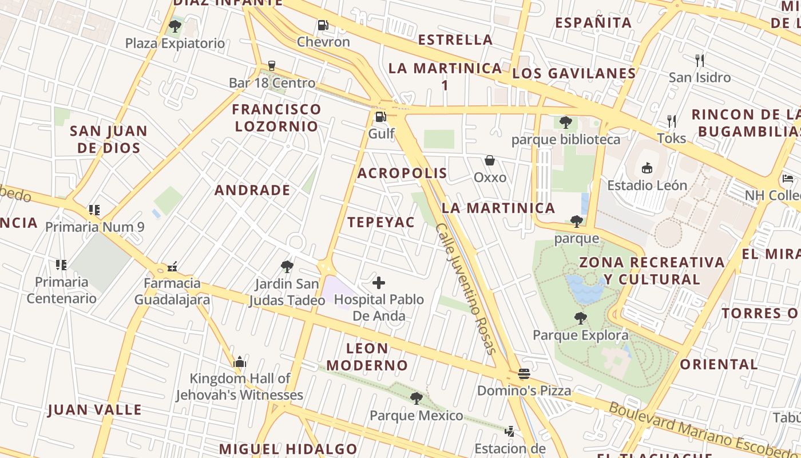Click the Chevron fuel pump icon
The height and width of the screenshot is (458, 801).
323,25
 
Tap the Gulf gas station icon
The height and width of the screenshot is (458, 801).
379,117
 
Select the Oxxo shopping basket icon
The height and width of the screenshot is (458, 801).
490,160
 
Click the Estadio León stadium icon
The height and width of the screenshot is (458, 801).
647,168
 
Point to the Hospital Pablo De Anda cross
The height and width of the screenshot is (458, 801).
379,282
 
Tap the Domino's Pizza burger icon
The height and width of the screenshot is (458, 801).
524,374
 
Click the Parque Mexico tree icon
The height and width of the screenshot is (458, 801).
417,398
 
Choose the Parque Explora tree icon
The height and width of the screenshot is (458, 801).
581,318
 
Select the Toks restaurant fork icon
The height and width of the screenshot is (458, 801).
672,121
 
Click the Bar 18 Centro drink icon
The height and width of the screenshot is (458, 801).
272,66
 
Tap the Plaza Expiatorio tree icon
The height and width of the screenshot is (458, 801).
175,26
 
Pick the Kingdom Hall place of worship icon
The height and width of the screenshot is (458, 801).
240,362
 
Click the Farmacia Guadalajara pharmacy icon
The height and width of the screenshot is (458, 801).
172,266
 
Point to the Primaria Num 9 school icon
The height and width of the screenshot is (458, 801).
94,210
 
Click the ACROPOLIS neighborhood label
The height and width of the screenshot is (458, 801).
402,173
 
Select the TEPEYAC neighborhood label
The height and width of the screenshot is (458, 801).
381,222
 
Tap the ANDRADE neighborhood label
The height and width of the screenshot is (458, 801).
252,190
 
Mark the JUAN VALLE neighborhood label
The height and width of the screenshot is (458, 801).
95,409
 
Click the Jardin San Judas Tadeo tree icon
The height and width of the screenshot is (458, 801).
287,266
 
